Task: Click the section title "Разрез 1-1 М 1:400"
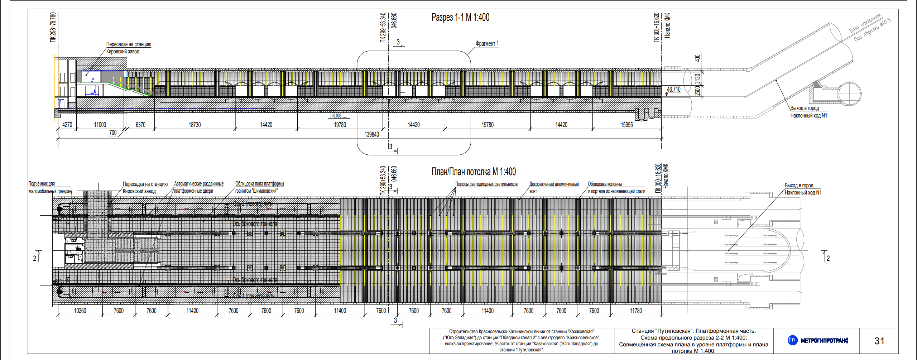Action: click(460, 17)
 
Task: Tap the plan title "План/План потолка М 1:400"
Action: click(473, 172)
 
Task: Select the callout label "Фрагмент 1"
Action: click(487, 44)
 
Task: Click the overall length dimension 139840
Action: click(371, 134)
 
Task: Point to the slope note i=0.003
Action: click(336, 116)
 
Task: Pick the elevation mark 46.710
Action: click(673, 89)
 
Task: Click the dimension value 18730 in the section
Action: click(195, 125)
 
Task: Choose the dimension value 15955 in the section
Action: click(626, 125)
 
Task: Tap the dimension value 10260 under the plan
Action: click(80, 311)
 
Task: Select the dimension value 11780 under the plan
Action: click(636, 311)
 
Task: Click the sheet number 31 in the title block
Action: click(879, 341)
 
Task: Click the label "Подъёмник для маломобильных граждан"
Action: click(50, 187)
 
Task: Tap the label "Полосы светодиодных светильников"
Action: click(486, 184)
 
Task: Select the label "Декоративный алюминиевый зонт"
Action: click(554, 187)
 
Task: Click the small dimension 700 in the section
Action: click(113, 133)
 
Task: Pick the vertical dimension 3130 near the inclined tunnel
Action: click(697, 78)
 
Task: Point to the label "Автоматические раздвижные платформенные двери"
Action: click(198, 187)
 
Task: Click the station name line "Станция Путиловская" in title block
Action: click(693, 331)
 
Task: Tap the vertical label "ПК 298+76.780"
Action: click(53, 27)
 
